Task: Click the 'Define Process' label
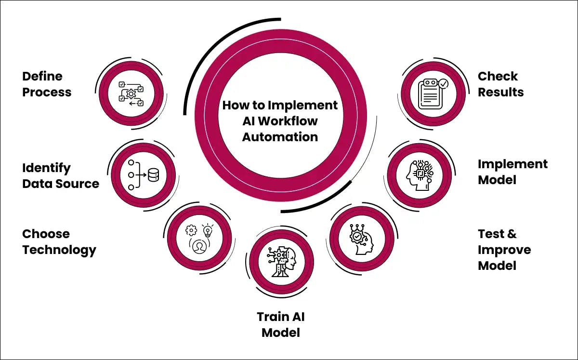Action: tap(47, 84)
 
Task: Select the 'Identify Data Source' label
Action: tap(61, 176)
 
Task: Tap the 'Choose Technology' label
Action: tap(59, 242)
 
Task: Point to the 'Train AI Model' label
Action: tap(281, 324)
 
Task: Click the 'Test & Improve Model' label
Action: tap(504, 250)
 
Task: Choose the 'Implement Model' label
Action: tap(512, 172)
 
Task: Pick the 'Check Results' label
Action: tap(500, 84)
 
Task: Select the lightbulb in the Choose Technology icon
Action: tap(208, 229)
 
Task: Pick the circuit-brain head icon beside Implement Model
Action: tap(418, 174)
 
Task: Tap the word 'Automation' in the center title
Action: tap(280, 136)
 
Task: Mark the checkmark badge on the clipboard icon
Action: tap(443, 84)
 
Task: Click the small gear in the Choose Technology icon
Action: tap(190, 229)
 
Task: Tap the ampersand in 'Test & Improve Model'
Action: tap(512, 234)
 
